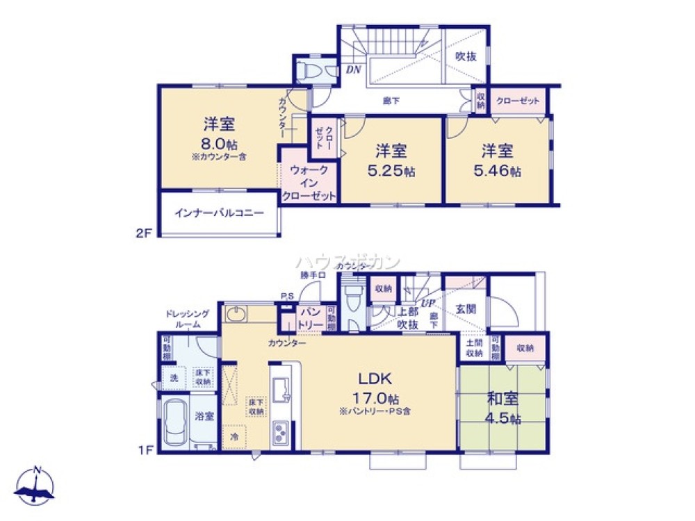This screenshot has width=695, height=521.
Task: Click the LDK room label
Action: coord(376,379)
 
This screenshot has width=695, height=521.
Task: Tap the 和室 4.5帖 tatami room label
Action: coord(503,399)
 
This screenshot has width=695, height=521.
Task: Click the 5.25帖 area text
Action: coord(391,172)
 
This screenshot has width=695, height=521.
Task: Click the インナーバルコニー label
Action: coord(219,213)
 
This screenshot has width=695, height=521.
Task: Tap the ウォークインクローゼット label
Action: coord(309,183)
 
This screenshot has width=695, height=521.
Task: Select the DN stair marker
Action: coord(352,69)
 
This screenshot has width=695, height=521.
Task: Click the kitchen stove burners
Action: coord(281,434)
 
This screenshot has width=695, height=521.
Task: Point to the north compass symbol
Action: coord(35,486)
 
